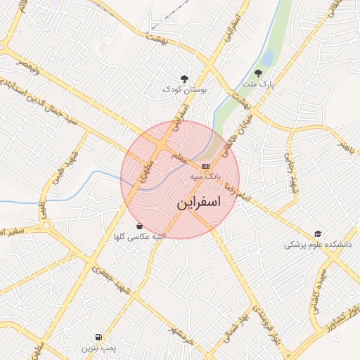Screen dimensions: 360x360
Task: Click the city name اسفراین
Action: click(x=197, y=203)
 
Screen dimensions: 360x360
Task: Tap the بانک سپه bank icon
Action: click(x=205, y=166)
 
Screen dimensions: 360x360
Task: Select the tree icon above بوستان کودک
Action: click(x=185, y=79)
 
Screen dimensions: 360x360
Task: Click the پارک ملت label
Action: click(x=257, y=84)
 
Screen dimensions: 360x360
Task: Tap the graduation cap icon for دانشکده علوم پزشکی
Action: click(x=318, y=233)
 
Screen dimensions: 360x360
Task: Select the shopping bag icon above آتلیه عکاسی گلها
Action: click(x=140, y=226)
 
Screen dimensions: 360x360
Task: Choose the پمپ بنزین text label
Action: click(x=96, y=348)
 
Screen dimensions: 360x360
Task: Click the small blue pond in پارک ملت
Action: click(x=267, y=56)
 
